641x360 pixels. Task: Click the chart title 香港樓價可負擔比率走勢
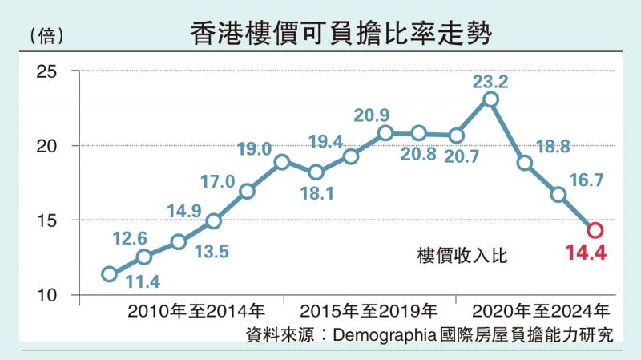click(x=341, y=34)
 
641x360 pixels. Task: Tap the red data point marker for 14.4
click(x=595, y=230)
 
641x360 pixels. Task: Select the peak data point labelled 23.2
click(x=490, y=99)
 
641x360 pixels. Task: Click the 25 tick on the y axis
click(x=47, y=72)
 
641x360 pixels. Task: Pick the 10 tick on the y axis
click(x=47, y=295)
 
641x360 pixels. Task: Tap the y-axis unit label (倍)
click(x=46, y=35)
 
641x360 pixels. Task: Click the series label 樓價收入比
click(x=463, y=256)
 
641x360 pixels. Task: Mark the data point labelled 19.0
click(x=281, y=162)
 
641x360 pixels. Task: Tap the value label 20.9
click(x=372, y=115)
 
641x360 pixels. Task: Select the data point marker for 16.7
click(x=558, y=195)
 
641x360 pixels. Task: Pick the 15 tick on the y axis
click(x=47, y=220)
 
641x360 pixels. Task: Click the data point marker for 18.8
click(x=525, y=163)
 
